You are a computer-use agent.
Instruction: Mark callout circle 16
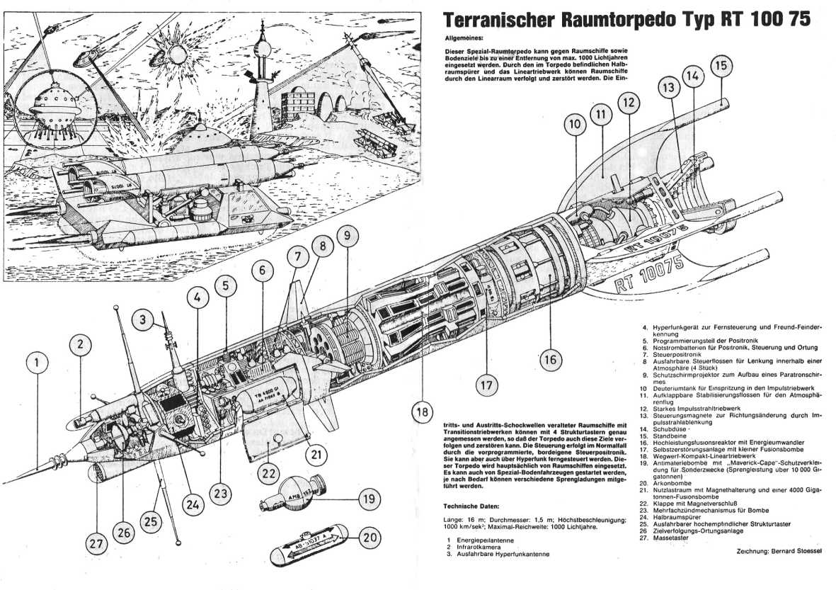click(550, 359)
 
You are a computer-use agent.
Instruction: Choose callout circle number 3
click(142, 321)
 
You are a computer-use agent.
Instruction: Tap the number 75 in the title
click(795, 20)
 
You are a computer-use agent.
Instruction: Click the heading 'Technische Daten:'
click(471, 506)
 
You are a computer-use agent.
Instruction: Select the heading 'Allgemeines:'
click(464, 40)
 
